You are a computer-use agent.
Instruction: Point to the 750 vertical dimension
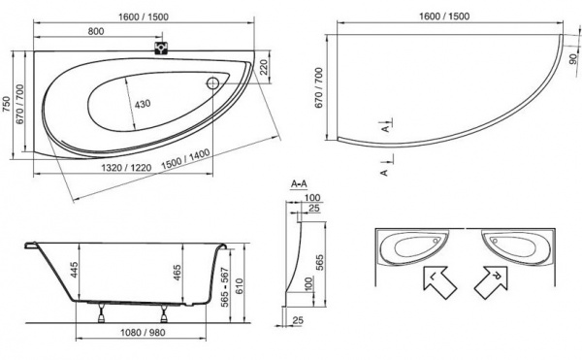click(9, 95)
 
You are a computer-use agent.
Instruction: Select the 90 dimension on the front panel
click(571, 61)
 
